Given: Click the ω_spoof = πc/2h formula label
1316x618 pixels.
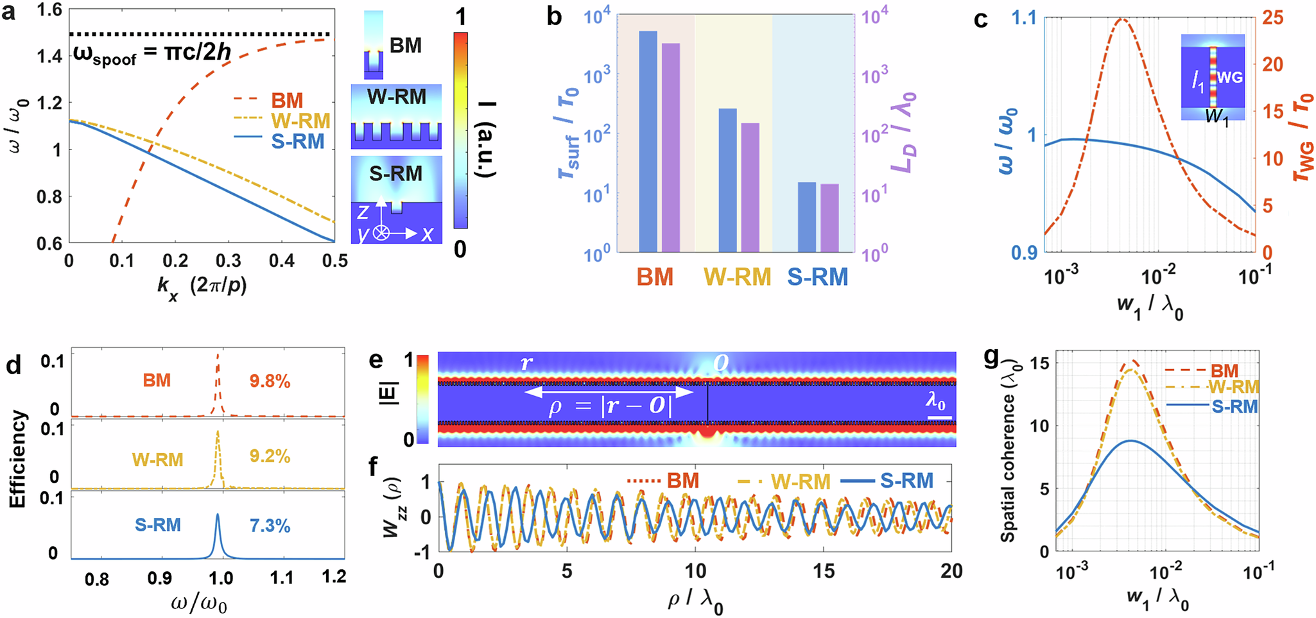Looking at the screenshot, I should point(152,53).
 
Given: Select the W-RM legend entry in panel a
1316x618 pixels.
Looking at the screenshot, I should point(300,121).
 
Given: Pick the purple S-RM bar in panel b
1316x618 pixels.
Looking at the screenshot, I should point(829,218).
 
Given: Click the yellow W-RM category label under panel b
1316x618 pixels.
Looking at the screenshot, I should point(737,277).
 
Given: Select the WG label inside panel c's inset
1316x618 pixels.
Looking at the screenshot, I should point(1230,78).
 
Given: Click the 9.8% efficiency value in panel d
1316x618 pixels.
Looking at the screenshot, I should point(270,382).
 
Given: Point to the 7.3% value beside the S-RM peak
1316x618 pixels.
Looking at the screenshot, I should point(270,526).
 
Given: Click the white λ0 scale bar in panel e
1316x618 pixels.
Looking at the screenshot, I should point(939,418).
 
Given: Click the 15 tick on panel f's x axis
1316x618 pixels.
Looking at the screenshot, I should point(824,571).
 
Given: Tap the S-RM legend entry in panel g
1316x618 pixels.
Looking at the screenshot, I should point(1233,406).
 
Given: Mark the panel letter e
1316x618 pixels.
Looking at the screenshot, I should point(377,363).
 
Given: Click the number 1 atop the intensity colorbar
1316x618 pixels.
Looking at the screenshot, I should point(460,17).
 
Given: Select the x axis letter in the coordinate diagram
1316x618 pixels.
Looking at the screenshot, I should point(427,234).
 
